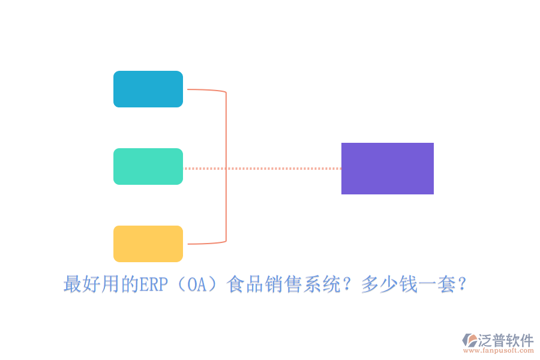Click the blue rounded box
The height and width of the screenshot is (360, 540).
click(148, 89)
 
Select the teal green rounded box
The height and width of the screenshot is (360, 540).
click(148, 167)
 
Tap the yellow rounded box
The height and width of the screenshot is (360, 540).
click(148, 244)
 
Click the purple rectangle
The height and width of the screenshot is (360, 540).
click(388, 169)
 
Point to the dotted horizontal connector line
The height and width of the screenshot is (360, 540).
click(282, 169)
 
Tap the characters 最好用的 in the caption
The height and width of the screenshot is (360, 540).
click(101, 285)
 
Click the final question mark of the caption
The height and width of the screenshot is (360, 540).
click(463, 285)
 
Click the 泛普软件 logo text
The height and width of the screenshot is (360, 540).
click(506, 340)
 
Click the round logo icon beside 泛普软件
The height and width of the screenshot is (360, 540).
click(470, 340)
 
